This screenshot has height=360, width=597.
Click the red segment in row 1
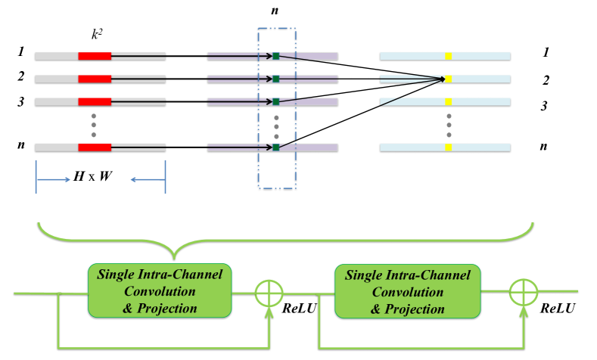pos(95,56)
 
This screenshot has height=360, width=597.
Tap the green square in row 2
pos(276,79)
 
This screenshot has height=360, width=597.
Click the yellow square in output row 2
pos(449,79)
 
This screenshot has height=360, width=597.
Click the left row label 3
pos(22,101)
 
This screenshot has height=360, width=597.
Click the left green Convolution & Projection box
pos(159,290)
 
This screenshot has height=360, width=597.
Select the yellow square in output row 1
pos(449,56)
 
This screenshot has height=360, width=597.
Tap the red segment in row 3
pos(95,101)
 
